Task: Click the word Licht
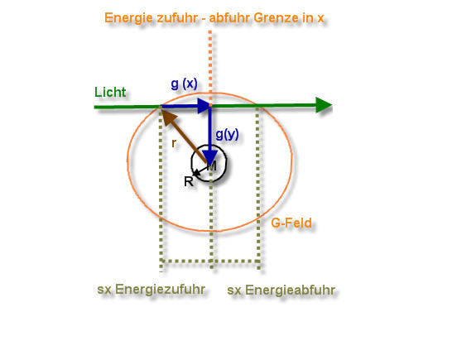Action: pyautogui.click(x=110, y=92)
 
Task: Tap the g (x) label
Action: pyautogui.click(x=184, y=84)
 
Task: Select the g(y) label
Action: pyautogui.click(x=227, y=134)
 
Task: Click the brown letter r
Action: pyautogui.click(x=174, y=143)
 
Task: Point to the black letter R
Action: pyautogui.click(x=189, y=181)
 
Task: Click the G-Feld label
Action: pyautogui.click(x=291, y=223)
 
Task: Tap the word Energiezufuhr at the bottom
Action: pyautogui.click(x=161, y=289)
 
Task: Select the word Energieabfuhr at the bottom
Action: pyautogui.click(x=291, y=290)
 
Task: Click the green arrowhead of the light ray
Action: pyautogui.click(x=324, y=105)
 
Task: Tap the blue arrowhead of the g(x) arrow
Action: pyautogui.click(x=204, y=106)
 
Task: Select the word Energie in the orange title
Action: pyautogui.click(x=128, y=18)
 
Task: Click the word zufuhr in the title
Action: pyautogui.click(x=177, y=17)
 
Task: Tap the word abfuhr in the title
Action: pyautogui.click(x=229, y=17)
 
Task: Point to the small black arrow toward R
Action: pyautogui.click(x=201, y=170)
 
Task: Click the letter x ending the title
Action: pyautogui.click(x=320, y=19)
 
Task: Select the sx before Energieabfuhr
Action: pyautogui.click(x=234, y=290)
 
